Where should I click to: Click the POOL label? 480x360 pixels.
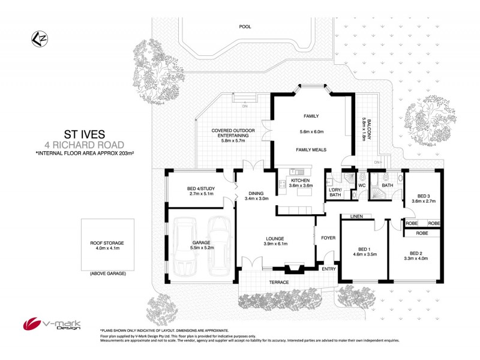click(x=244, y=27)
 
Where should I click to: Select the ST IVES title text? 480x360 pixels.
click(x=84, y=134)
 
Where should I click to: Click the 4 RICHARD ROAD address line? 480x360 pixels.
click(x=84, y=145)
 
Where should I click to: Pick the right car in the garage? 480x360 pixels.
click(x=220, y=245)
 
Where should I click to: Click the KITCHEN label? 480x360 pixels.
click(x=299, y=180)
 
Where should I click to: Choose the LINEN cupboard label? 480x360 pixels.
click(x=353, y=216)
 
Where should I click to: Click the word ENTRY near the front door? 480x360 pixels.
click(x=329, y=268)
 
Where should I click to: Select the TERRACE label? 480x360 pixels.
click(x=280, y=283)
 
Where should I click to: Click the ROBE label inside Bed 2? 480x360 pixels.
click(x=422, y=233)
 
